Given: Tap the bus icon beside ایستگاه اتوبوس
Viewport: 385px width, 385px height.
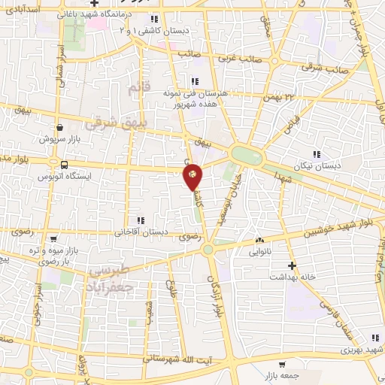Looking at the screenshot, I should [63, 165].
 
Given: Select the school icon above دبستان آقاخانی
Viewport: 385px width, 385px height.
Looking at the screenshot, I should [140, 220].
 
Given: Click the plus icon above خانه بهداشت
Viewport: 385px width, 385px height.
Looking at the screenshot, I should [293, 265].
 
